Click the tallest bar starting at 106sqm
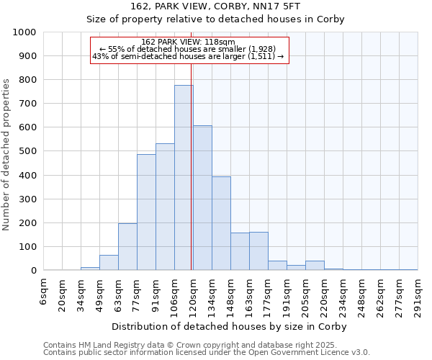click(184, 178)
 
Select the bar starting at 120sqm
click(202, 198)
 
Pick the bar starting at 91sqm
click(165, 207)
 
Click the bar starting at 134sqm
click(221, 223)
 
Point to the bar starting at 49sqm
click(109, 263)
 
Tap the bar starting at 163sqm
click(258, 251)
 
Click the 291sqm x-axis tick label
click(418, 294)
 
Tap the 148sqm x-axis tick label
click(230, 294)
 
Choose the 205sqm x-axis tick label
click(305, 294)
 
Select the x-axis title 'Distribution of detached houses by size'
click(230, 326)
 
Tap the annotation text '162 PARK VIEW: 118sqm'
click(189, 42)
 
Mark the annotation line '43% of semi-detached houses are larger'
click(189, 56)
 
